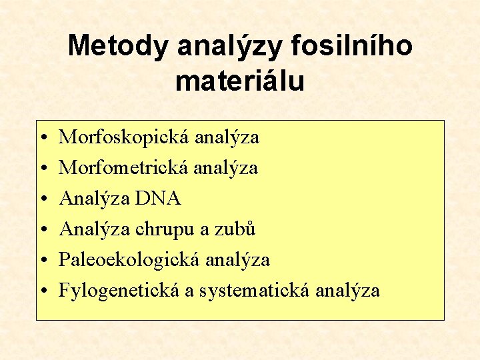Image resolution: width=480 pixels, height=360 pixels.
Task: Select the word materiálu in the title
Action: (240, 81)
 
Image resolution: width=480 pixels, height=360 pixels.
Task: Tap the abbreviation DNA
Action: (158, 199)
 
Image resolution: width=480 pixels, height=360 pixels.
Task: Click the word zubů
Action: (238, 229)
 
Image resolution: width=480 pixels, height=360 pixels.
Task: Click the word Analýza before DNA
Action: (93, 199)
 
